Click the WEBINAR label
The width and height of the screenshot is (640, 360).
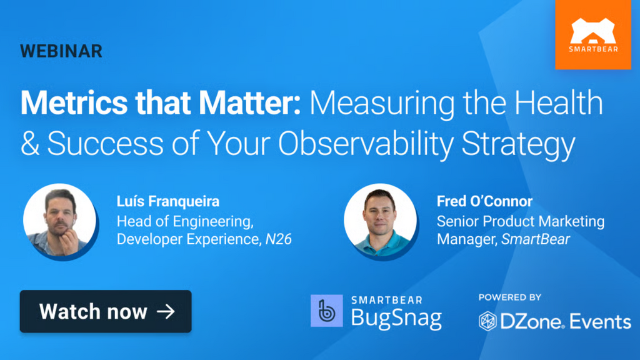[61, 51]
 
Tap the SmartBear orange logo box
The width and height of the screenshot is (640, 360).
[592, 34]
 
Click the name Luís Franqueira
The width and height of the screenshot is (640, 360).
[168, 201]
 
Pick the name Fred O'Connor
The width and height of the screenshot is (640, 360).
[484, 201]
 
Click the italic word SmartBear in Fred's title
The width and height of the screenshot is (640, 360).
[536, 239]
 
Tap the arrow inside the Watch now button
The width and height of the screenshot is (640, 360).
[166, 311]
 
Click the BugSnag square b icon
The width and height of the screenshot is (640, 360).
[327, 311]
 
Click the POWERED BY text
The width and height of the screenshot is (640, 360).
[510, 297]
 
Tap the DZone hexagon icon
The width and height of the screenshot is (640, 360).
[487, 321]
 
